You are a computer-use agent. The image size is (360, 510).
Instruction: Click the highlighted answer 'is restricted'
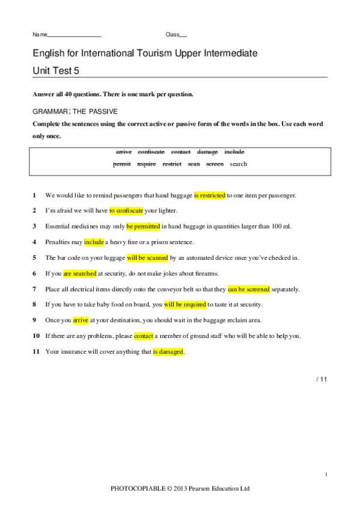click(210, 195)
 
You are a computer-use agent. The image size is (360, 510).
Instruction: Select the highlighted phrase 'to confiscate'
click(127, 211)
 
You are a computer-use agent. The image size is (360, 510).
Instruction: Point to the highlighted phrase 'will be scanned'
click(147, 258)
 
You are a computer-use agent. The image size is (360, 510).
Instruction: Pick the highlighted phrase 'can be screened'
click(249, 289)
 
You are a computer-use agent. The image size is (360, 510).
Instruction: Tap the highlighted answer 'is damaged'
click(168, 352)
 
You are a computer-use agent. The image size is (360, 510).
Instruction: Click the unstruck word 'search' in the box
click(239, 164)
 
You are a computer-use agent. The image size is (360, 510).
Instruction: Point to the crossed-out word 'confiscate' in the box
click(151, 152)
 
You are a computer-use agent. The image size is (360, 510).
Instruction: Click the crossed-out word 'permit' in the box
click(122, 164)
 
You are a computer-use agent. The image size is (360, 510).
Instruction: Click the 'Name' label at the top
click(39, 35)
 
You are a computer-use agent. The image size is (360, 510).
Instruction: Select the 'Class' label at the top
click(172, 35)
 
